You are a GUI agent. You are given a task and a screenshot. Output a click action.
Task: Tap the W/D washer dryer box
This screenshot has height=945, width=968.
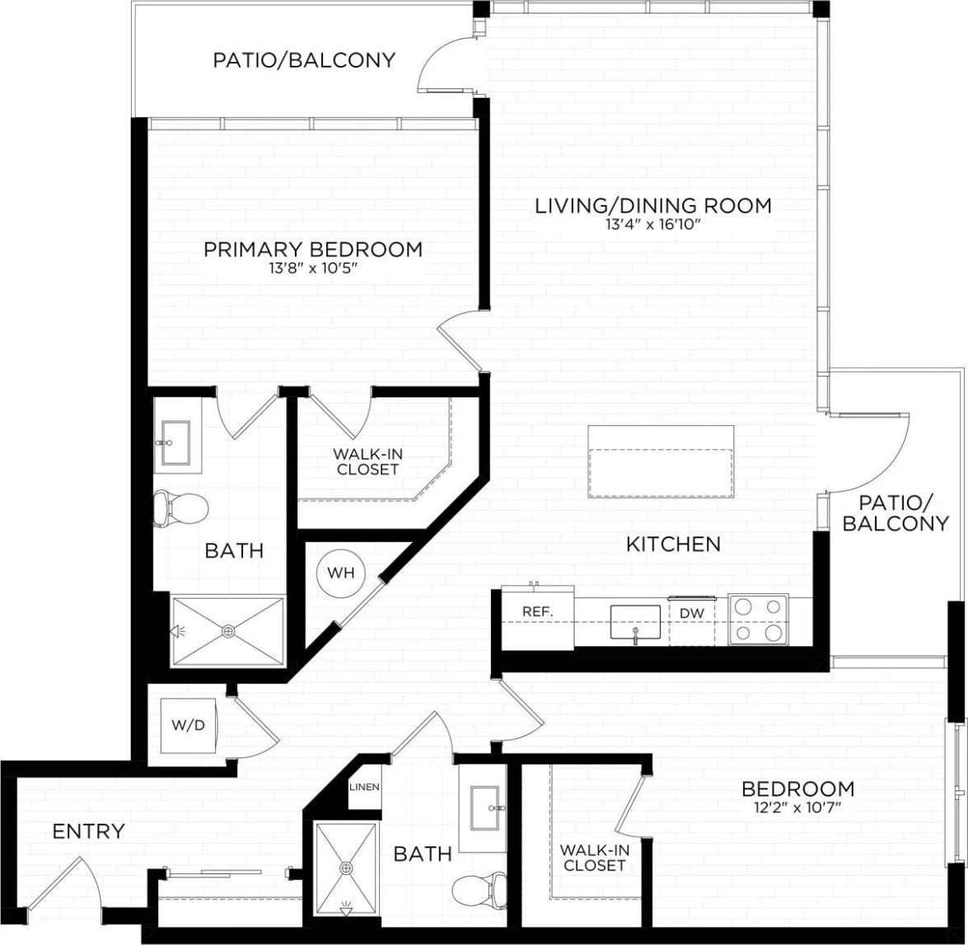tap(189, 727)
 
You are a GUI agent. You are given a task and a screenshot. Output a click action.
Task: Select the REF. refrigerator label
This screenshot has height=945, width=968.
tap(536, 612)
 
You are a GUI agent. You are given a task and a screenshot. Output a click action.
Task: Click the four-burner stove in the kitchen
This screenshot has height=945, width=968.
tap(758, 620)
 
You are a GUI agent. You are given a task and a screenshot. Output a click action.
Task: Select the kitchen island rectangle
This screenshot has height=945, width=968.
tap(661, 461)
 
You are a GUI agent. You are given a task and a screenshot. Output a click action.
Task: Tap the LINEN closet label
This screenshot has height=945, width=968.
tap(364, 787)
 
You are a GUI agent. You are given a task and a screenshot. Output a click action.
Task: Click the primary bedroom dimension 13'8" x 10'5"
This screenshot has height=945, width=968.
tap(313, 269)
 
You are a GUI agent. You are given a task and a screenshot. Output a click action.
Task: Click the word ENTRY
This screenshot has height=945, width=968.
tap(88, 831)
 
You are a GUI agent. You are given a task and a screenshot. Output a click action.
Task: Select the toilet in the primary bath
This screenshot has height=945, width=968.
tap(180, 508)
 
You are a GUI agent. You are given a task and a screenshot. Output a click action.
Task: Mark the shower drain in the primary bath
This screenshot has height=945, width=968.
tap(228, 631)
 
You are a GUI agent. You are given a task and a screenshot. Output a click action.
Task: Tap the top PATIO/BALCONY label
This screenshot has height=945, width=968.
tap(304, 60)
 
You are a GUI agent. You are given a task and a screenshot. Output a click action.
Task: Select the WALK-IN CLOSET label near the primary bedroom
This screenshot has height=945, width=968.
tap(367, 461)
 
